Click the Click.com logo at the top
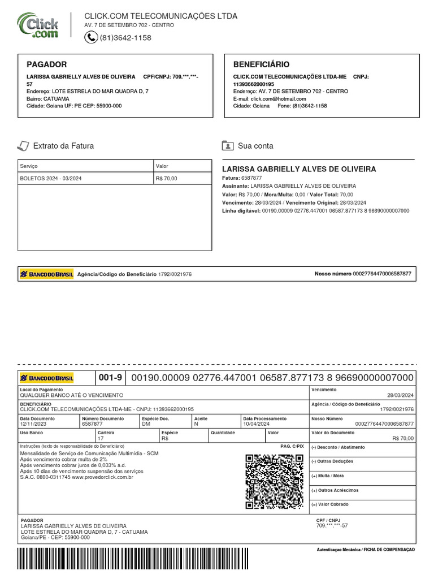coord(38,25)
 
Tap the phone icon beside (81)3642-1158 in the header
coord(91,37)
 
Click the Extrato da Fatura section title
coord(63,146)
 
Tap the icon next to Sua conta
coord(228,146)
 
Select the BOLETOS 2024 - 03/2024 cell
coord(50,179)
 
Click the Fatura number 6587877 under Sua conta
coord(251,178)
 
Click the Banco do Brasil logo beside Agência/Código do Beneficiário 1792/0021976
coord(46,274)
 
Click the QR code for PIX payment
coord(274,482)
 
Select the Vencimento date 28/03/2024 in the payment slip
coord(400,396)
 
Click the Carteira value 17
coord(101,438)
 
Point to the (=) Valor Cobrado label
coord(331,504)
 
